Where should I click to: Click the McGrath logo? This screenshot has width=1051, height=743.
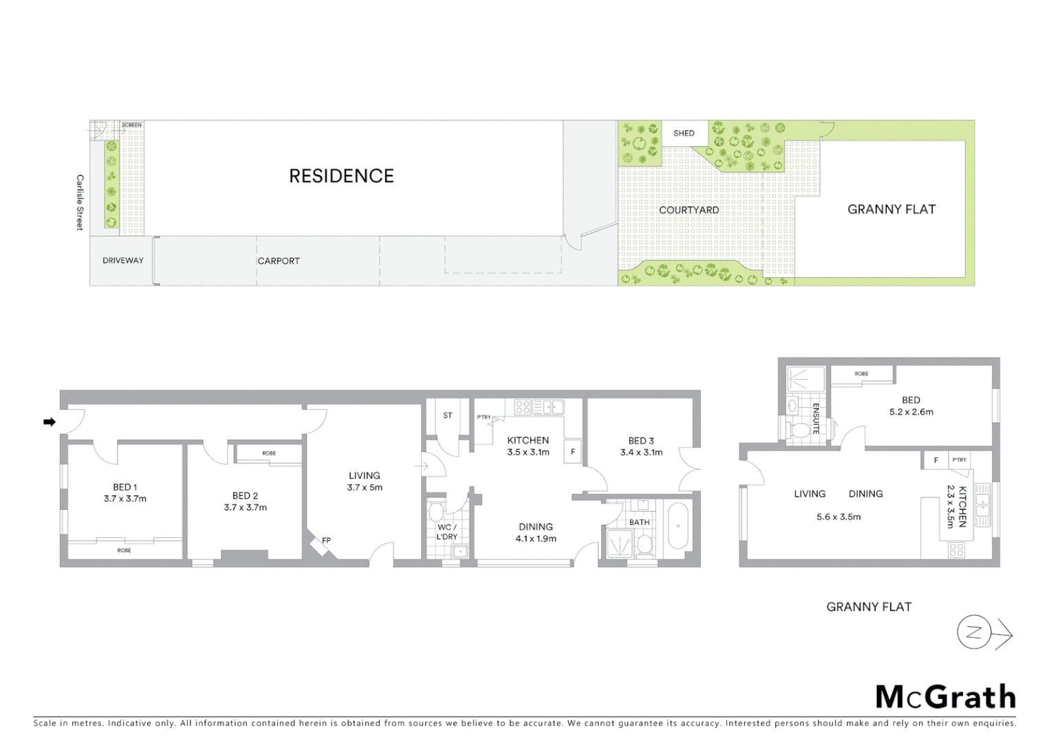coord(946,697)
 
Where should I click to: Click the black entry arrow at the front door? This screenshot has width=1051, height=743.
coord(50,422)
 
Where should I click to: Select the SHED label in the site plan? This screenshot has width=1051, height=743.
coord(684,133)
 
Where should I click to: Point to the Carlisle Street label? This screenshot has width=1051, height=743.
coord(80,202)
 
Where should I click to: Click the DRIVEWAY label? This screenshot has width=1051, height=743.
coord(123,261)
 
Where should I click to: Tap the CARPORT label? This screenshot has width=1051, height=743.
coord(279,261)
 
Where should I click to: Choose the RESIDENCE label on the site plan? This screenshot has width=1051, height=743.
coord(341,176)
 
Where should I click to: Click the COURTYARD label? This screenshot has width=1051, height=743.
coord(689,210)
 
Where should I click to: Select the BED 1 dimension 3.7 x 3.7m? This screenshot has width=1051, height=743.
coord(125,499)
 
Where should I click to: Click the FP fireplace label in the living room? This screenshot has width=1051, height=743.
coord(327,540)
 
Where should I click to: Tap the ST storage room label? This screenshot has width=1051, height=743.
coord(448,416)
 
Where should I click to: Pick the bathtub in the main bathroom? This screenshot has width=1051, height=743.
coord(678,526)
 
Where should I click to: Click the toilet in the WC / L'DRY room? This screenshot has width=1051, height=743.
coord(435,513)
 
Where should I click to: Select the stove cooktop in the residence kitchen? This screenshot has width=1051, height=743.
coord(523,407)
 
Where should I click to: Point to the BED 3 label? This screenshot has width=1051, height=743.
coord(641,441)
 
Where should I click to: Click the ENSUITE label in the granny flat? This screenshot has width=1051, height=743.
coord(816,418)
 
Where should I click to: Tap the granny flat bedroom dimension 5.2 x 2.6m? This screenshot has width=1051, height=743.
coord(911,412)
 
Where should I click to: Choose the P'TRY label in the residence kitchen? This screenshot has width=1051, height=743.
coord(484,418)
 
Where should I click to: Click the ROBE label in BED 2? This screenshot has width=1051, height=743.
coord(269,453)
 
